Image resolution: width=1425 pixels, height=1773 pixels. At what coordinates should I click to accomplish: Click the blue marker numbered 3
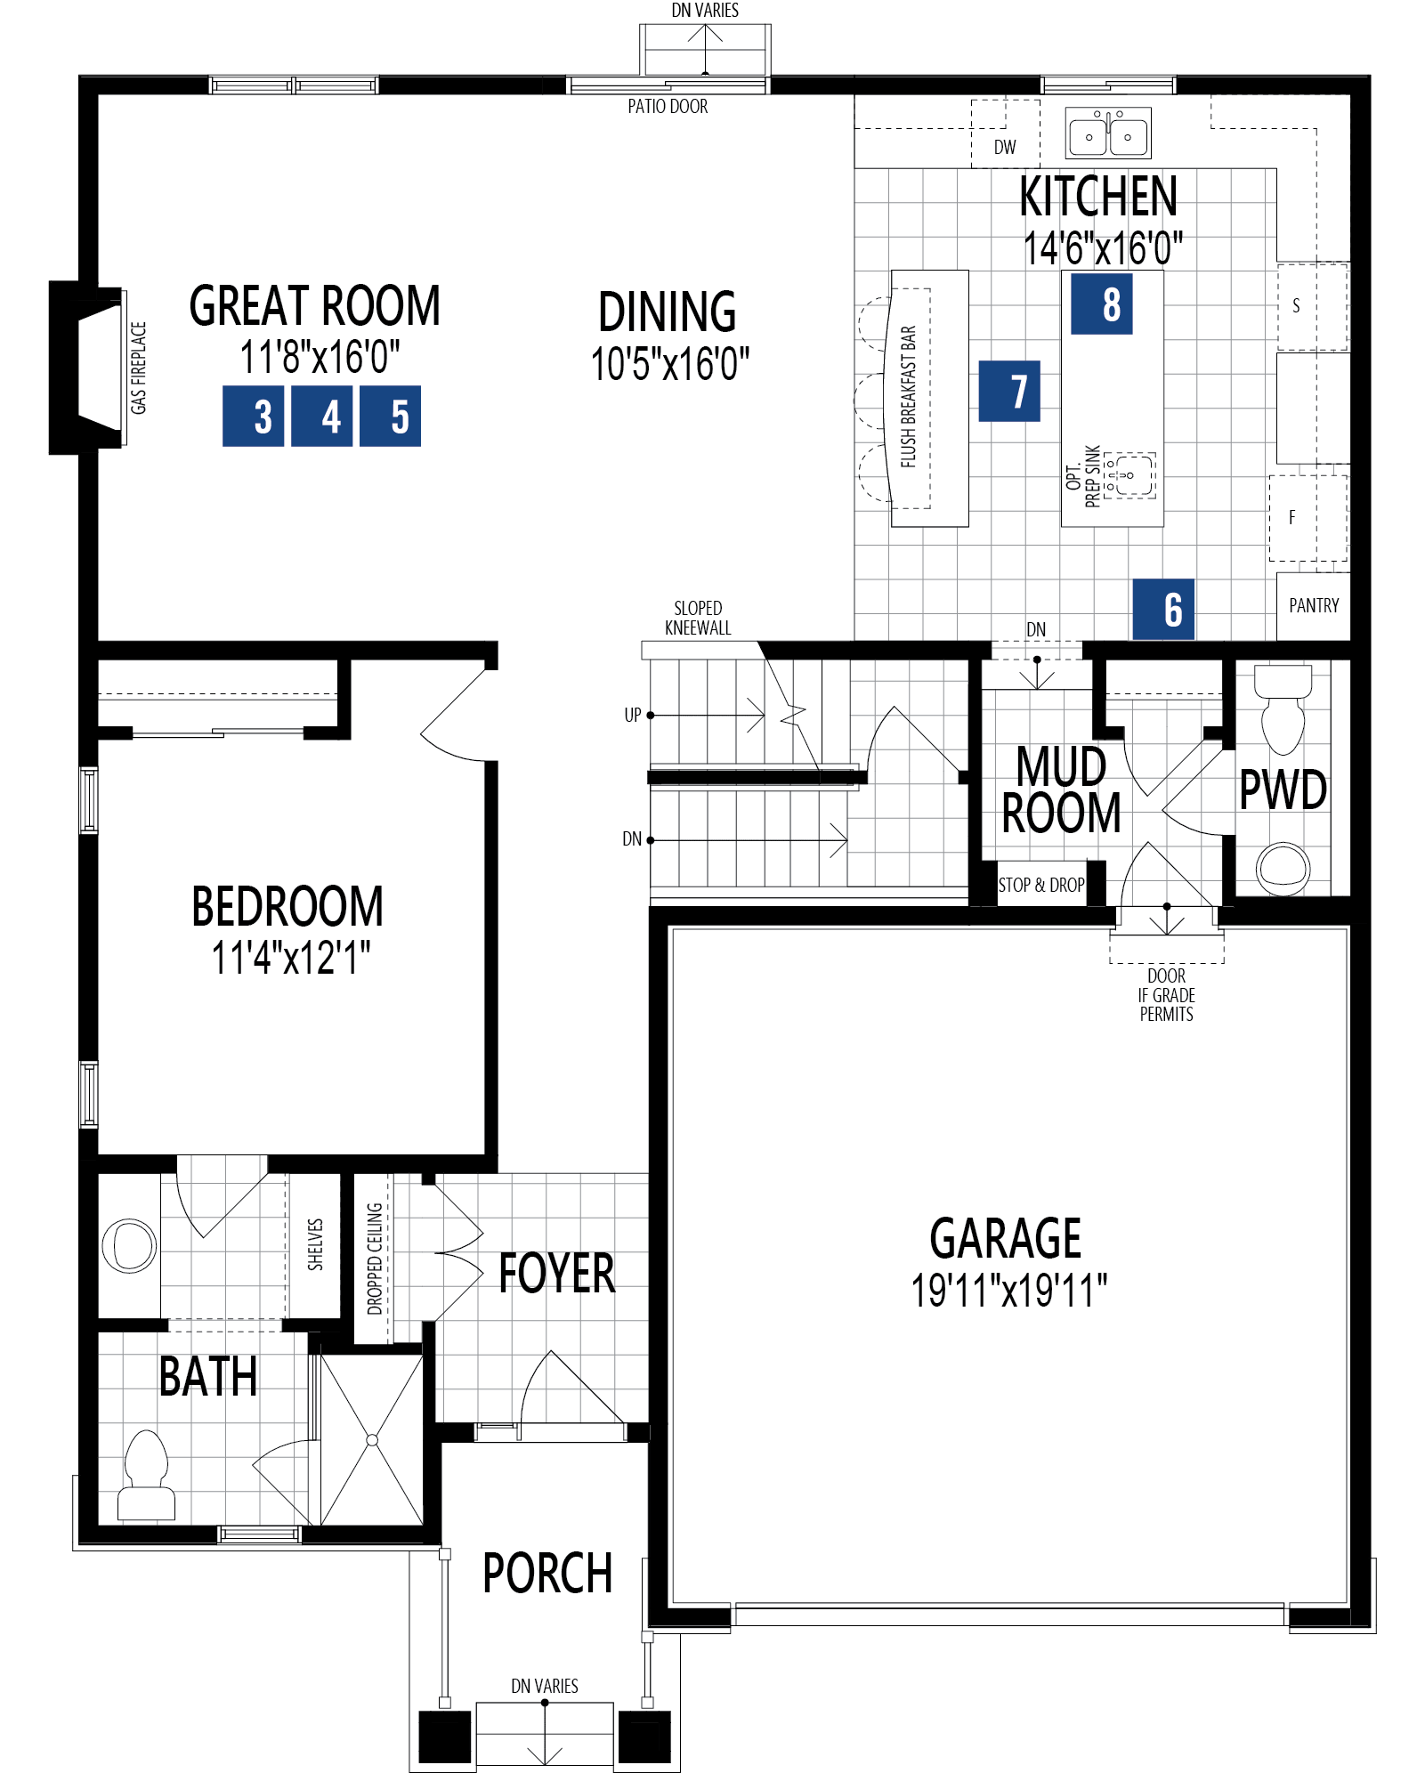click(254, 416)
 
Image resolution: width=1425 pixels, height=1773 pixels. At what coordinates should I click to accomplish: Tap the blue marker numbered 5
click(391, 416)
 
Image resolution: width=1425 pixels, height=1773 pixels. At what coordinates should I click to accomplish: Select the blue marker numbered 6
click(1163, 610)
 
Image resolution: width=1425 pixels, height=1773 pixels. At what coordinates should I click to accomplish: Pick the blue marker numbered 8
click(1102, 304)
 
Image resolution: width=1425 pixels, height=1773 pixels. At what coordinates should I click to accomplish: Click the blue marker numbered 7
click(1009, 391)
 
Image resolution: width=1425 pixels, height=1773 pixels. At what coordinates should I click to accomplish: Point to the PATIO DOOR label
click(668, 107)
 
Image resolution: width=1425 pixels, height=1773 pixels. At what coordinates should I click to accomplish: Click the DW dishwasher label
click(1005, 148)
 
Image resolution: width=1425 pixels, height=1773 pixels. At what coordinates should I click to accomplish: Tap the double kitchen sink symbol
click(1108, 134)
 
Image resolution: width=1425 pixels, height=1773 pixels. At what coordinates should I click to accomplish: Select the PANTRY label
click(1314, 606)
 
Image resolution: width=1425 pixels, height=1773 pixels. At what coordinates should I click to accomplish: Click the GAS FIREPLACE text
click(139, 368)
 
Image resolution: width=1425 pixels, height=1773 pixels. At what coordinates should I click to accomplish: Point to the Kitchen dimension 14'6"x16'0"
click(1103, 248)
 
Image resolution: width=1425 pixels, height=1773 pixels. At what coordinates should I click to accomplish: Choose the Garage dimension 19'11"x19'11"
click(1008, 1290)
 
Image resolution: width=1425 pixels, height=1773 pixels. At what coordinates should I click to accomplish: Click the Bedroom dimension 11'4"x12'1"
click(290, 959)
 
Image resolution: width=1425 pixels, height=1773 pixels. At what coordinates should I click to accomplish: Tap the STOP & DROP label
click(1041, 885)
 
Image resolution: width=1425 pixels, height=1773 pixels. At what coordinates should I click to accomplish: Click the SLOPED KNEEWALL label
click(698, 618)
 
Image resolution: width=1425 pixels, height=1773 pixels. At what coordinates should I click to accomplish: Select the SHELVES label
click(315, 1244)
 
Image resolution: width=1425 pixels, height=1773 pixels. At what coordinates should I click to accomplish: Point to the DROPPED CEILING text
click(375, 1259)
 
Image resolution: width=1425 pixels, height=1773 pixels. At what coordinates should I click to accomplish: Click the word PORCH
click(547, 1574)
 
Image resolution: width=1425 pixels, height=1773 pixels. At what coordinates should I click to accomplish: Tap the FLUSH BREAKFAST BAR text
click(909, 396)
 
